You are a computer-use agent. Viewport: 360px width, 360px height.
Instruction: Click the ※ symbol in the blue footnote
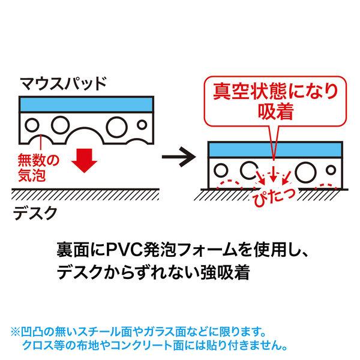coord(15,331)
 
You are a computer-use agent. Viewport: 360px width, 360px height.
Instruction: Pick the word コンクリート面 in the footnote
coord(150,345)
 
